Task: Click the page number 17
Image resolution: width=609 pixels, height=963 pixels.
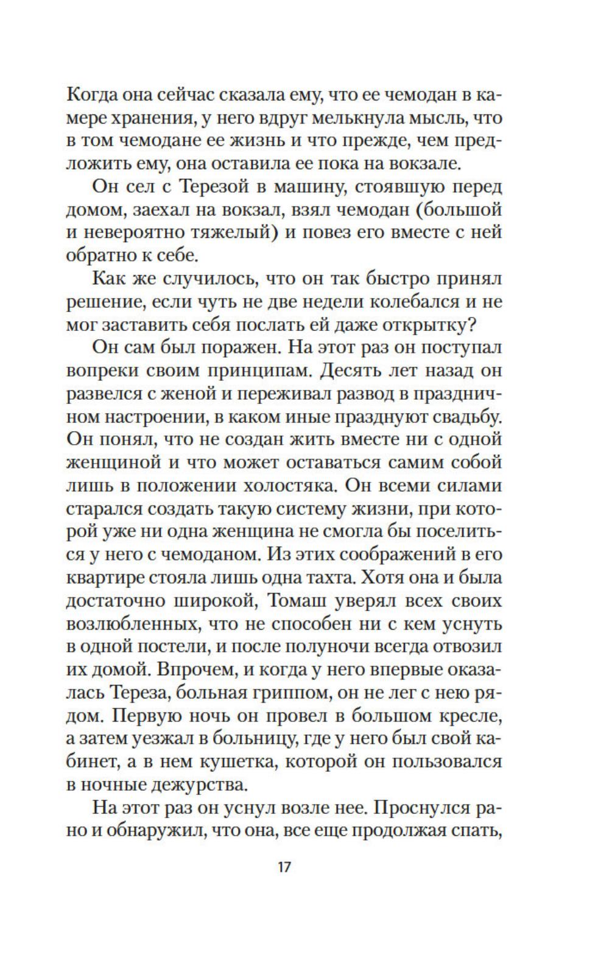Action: (x=284, y=866)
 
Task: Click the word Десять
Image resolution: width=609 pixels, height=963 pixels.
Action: (x=356, y=370)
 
